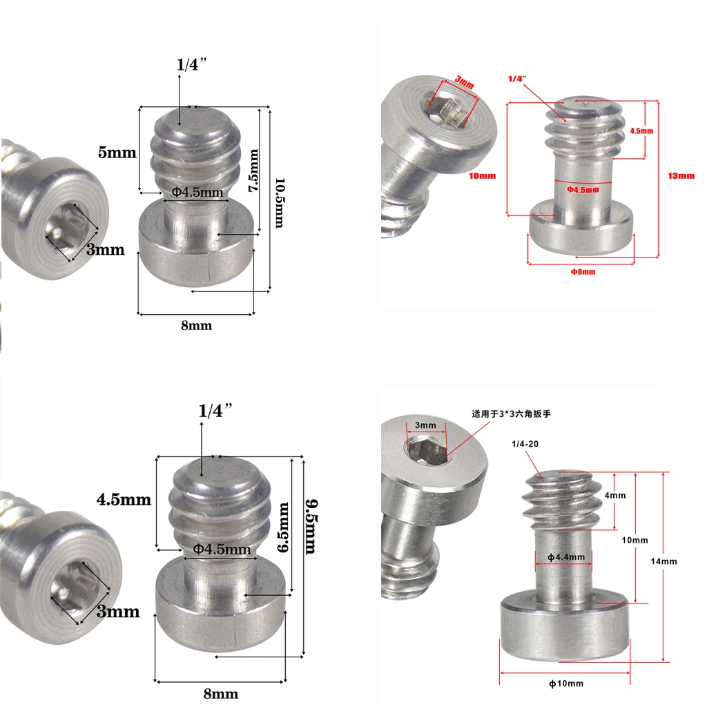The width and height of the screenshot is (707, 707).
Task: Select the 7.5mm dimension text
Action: (x=254, y=171)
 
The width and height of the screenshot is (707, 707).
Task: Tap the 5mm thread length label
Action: (x=117, y=153)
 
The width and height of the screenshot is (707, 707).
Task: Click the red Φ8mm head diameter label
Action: (x=583, y=271)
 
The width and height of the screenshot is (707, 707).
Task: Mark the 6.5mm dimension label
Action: (x=282, y=526)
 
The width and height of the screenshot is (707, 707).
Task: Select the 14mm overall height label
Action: (x=664, y=561)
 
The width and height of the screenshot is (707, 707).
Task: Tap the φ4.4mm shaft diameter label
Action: (x=566, y=557)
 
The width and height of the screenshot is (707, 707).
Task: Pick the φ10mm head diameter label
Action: (x=566, y=684)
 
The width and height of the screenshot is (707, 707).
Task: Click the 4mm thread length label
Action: (x=614, y=496)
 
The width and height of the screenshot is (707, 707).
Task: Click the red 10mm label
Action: (x=482, y=176)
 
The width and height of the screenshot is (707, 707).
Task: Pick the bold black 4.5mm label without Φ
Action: (x=124, y=499)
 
